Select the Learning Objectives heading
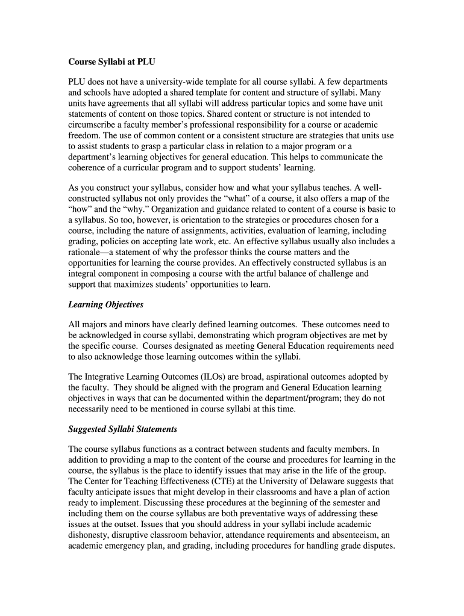pyautogui.click(x=106, y=305)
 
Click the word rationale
pyautogui.click(x=87, y=252)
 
